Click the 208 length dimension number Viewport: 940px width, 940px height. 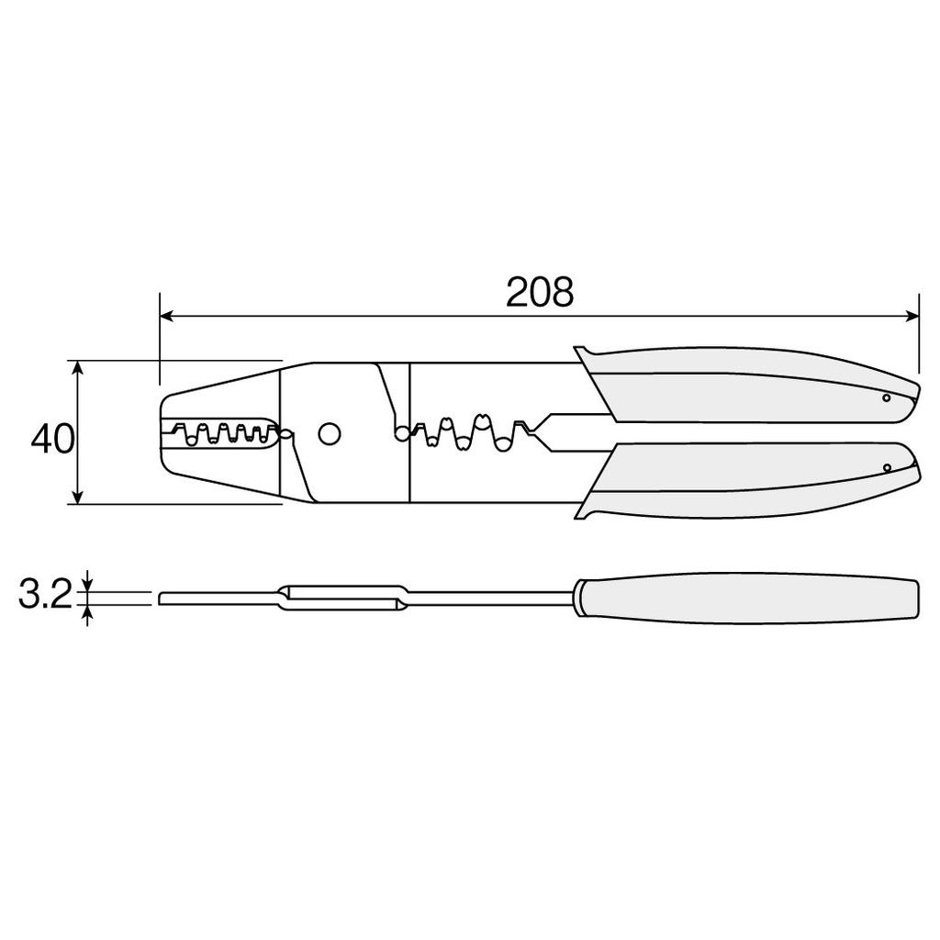click(540, 292)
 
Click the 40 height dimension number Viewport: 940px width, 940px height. click(52, 439)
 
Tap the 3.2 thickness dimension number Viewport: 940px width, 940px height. click(44, 596)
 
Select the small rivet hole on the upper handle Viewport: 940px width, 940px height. click(886, 397)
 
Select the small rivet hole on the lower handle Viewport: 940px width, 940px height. click(887, 468)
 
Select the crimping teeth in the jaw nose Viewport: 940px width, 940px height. click(220, 432)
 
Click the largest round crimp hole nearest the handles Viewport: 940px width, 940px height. click(502, 443)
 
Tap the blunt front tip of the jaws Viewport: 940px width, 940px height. click(162, 432)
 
